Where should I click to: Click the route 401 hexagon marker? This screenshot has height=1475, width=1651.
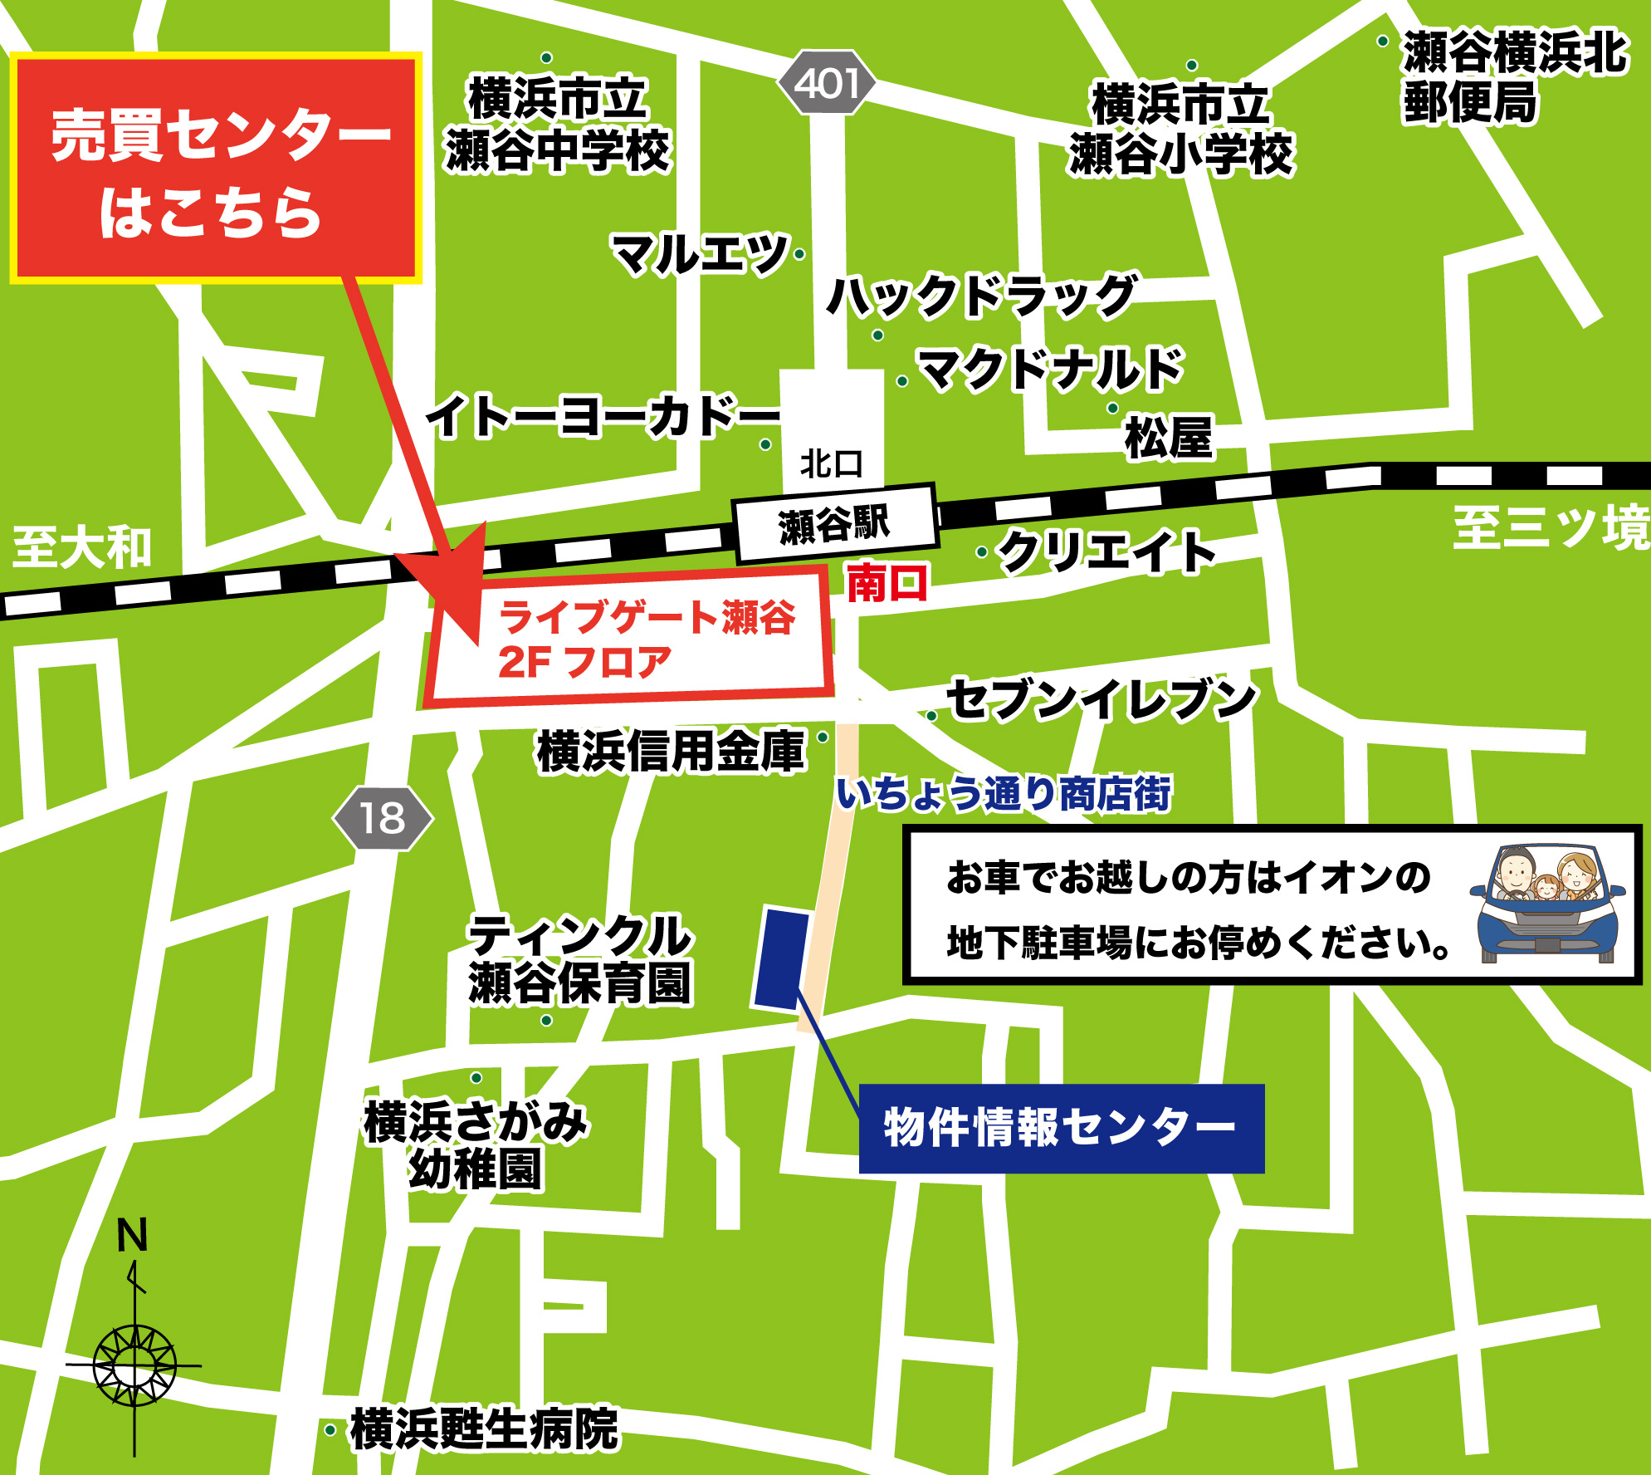coord(827,83)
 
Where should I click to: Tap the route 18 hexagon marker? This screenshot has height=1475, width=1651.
coord(383,819)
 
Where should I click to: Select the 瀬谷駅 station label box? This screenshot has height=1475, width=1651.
coord(835,524)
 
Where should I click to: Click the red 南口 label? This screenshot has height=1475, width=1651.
coord(887,583)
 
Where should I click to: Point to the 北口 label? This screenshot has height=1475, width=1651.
coord(831,463)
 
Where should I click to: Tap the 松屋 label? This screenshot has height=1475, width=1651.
coord(1169,437)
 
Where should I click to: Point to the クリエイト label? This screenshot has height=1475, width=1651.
coord(1107,551)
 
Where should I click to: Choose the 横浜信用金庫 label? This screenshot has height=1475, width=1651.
coord(671,752)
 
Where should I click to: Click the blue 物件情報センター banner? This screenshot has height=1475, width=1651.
coord(1061,1128)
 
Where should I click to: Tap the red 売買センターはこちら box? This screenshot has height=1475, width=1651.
coord(216,169)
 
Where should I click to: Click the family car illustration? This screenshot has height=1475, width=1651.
coord(1547,904)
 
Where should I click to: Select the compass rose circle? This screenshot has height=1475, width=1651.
coord(134,1365)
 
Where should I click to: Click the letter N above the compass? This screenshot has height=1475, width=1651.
coord(132,1235)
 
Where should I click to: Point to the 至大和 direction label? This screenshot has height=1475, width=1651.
coord(82,548)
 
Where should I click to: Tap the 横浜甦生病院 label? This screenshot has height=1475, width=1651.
coord(485,1428)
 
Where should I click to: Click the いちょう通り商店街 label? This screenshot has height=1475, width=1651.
coord(1004,793)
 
